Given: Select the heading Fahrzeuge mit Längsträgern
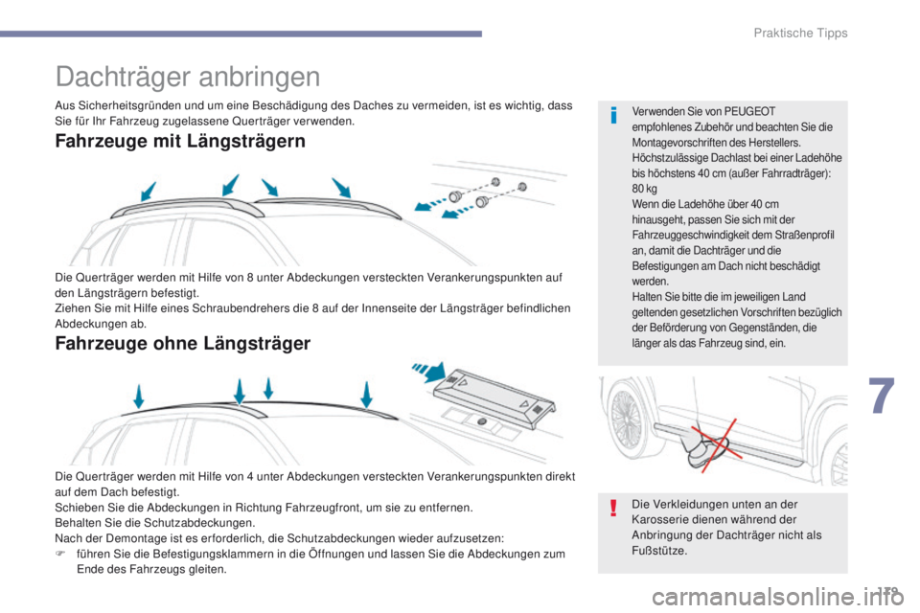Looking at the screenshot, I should pyautogui.click(x=181, y=142).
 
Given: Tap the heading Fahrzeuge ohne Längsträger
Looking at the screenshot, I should pyautogui.click(x=183, y=342).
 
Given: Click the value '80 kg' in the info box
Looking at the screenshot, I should pyautogui.click(x=644, y=189).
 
